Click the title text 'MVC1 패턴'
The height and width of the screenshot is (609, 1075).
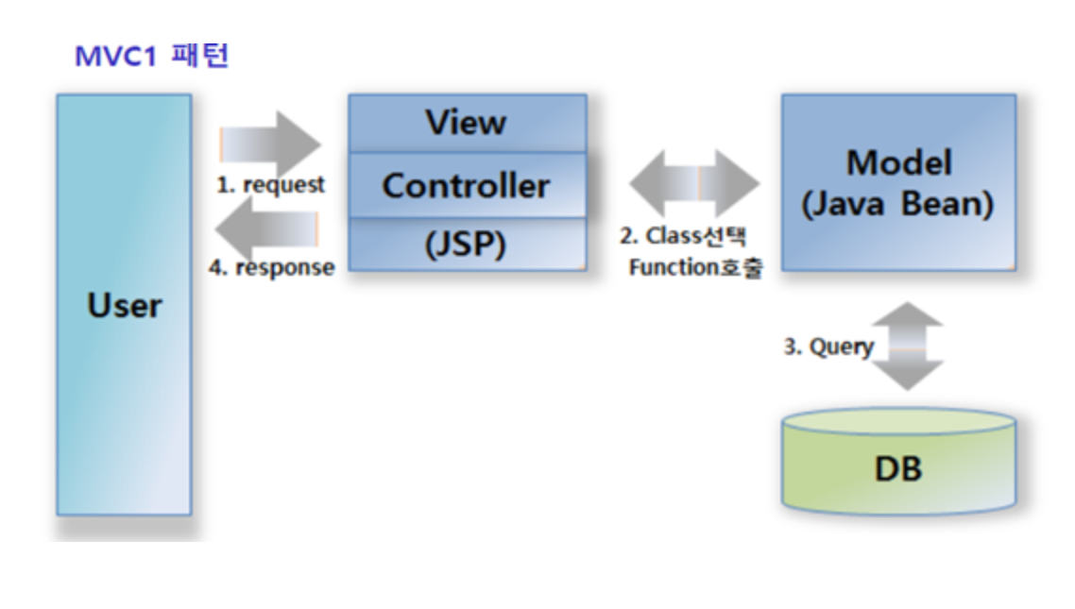tap(151, 56)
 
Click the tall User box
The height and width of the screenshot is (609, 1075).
tap(124, 305)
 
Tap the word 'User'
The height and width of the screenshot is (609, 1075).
tap(125, 306)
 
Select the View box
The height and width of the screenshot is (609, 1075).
tap(468, 124)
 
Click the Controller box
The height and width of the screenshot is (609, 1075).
tap(468, 185)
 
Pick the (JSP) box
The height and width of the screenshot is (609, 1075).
tap(468, 244)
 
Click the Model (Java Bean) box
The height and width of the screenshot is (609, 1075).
tap(898, 182)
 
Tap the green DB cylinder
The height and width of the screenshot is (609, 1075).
tap(898, 461)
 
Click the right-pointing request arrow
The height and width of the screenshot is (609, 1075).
tap(270, 144)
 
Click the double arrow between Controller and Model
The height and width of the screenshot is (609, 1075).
tap(693, 183)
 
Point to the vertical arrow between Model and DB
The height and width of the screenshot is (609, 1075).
tap(908, 346)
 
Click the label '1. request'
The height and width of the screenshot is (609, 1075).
tap(271, 185)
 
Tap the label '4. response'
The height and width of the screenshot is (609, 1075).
tap(272, 267)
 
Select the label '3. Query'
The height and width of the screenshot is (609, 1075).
tap(828, 347)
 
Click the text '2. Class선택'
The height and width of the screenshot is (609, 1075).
tap(683, 236)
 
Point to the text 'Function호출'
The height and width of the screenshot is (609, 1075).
tap(696, 267)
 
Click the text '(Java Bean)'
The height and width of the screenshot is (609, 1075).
tap(898, 204)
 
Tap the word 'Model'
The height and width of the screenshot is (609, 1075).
tap(899, 163)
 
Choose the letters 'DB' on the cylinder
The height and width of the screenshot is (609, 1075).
tap(898, 470)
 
